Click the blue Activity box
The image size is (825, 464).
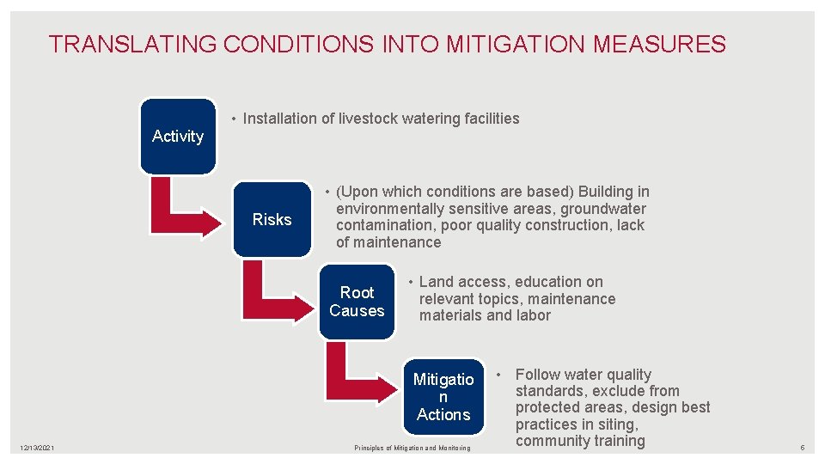(178, 136)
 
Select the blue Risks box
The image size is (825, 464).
(272, 219)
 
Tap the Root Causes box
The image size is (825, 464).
(357, 302)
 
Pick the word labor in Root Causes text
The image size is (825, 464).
(534, 315)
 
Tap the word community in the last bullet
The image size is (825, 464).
(551, 441)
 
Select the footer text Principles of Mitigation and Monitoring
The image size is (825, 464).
(412, 448)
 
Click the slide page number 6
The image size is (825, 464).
(802, 448)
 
